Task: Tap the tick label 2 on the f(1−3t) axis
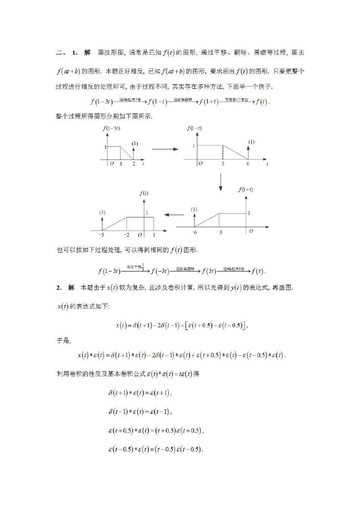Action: (x=133, y=164)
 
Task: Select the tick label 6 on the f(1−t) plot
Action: (x=248, y=164)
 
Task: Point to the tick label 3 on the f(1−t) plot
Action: (x=223, y=164)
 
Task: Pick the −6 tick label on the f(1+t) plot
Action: (x=194, y=232)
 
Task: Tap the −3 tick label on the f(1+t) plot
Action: (x=219, y=232)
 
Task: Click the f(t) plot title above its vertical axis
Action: (x=144, y=193)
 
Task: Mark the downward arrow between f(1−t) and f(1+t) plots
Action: (x=220, y=181)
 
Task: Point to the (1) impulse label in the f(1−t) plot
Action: (x=251, y=142)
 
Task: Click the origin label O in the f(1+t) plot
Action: (x=251, y=231)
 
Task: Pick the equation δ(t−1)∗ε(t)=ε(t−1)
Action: (x=140, y=412)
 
